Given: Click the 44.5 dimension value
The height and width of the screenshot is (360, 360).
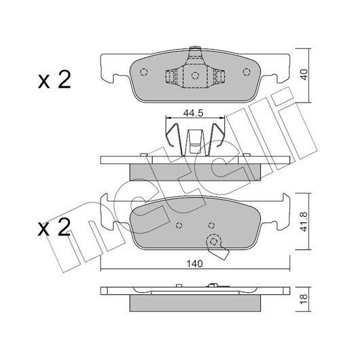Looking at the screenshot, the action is click(x=194, y=113).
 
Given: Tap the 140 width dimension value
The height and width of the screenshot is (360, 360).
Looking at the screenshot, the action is click(x=194, y=264).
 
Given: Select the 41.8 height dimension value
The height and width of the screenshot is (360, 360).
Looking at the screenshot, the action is click(x=304, y=221).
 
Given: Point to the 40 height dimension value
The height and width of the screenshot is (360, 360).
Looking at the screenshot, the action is click(x=304, y=75).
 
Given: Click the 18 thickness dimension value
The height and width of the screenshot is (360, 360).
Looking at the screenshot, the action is click(x=304, y=300).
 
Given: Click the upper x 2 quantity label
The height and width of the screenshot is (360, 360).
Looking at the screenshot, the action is click(x=54, y=80).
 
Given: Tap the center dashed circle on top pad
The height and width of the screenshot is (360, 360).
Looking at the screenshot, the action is click(x=195, y=75).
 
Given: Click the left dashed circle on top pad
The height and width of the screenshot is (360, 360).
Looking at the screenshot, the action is click(x=144, y=72).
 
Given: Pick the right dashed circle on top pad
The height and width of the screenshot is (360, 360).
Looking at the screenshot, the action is click(x=247, y=72).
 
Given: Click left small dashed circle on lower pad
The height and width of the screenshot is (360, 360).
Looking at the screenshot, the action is click(x=179, y=226).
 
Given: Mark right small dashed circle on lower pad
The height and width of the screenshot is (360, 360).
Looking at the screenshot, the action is click(x=211, y=226).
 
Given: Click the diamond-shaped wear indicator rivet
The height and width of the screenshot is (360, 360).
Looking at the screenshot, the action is click(x=214, y=242).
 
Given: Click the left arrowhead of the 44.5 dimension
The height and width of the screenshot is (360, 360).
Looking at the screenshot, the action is click(x=168, y=118).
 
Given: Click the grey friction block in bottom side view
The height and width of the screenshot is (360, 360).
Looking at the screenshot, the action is click(x=195, y=303).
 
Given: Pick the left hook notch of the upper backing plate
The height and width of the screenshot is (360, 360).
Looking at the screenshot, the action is click(x=116, y=79).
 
